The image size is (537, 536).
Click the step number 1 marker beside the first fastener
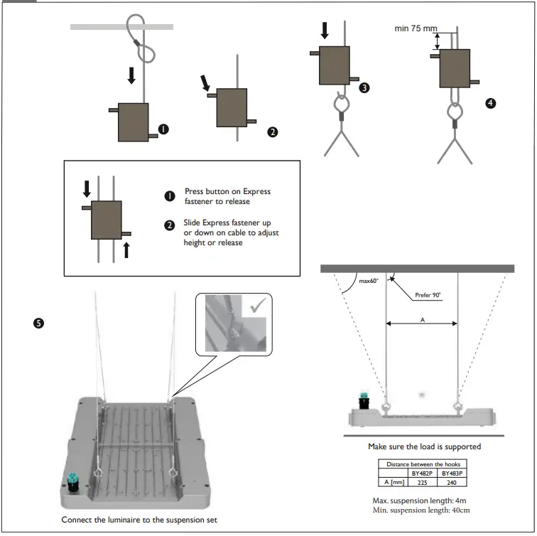click(164, 129)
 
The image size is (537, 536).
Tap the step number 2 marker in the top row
click(272, 132)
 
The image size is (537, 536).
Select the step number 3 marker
click(364, 88)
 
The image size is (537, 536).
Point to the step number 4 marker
click(489, 103)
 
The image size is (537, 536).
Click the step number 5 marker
click(38, 323)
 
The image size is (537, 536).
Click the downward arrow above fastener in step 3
click(325, 30)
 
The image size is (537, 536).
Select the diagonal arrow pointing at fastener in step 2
click(206, 84)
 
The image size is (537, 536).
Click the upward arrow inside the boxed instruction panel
click(126, 250)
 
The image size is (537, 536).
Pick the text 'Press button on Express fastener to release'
click(227, 196)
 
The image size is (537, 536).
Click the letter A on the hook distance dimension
click(422, 320)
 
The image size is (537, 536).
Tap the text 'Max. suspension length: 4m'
click(421, 500)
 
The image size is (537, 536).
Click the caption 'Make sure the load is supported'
click(424, 446)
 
